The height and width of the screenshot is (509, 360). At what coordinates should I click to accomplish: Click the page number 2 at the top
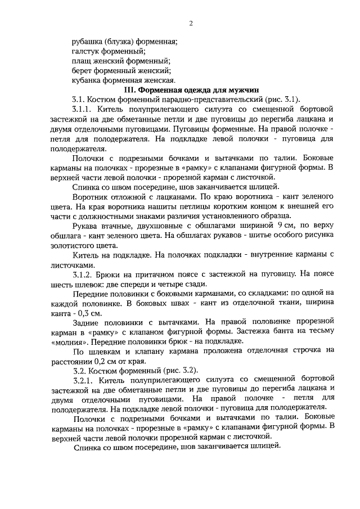(191, 23)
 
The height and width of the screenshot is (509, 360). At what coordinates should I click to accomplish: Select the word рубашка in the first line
(89, 41)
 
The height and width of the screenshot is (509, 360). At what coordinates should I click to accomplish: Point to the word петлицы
(190, 207)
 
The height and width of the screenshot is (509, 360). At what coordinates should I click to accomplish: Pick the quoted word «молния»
(64, 341)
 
